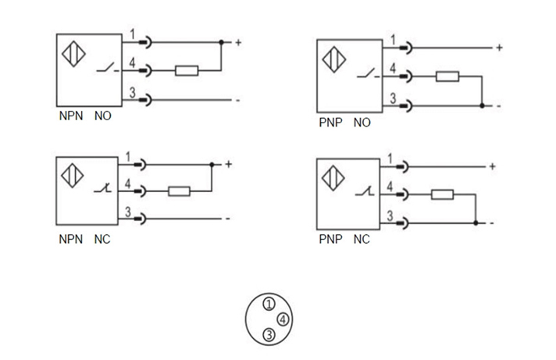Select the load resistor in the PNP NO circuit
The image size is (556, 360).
tap(447, 77)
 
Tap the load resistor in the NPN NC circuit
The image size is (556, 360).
tap(180, 191)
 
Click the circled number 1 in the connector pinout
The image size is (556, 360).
tap(269, 304)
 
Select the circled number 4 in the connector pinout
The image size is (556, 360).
tap(283, 319)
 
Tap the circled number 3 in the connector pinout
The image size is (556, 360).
tap(269, 335)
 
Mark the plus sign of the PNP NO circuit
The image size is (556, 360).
tap(499, 48)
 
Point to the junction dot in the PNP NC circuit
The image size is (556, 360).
tap(476, 223)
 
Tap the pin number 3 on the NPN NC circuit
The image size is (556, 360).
tap(127, 211)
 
